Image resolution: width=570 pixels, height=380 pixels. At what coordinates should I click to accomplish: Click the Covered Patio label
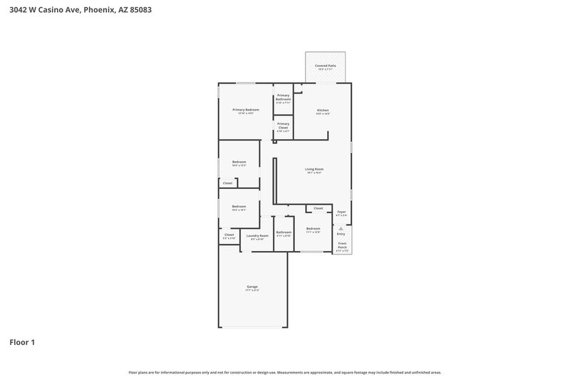pos(326,66)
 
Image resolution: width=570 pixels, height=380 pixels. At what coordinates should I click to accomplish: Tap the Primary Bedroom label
pos(246,110)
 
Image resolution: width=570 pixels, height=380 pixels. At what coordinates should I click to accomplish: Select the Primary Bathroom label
pos(283,97)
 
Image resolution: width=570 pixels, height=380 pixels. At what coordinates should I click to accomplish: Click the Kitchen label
pos(323,111)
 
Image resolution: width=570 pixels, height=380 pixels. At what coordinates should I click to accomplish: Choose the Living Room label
pos(314,169)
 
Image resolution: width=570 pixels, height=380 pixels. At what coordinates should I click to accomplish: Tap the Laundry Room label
pos(257,235)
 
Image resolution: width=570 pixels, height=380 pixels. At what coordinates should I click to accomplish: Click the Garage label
pos(252,287)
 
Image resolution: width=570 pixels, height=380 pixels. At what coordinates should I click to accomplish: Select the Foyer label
pos(341,212)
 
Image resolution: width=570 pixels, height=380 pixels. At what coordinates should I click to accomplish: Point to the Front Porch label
pos(342,245)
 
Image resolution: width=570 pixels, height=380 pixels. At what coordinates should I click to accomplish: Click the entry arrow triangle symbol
pos(341,227)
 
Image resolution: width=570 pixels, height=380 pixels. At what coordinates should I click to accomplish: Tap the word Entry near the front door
pos(341,234)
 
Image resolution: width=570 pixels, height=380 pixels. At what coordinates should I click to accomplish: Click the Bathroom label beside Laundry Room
pos(284,232)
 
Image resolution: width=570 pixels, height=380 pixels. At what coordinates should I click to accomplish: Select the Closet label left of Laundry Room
pos(229,235)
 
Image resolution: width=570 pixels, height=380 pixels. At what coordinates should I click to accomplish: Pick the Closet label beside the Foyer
pos(318,208)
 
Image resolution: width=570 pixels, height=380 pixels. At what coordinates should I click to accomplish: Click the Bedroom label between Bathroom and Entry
pos(313,229)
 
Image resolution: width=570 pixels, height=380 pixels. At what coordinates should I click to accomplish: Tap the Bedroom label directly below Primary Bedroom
pos(239,162)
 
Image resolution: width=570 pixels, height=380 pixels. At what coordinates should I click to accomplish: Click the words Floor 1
pos(22,342)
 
